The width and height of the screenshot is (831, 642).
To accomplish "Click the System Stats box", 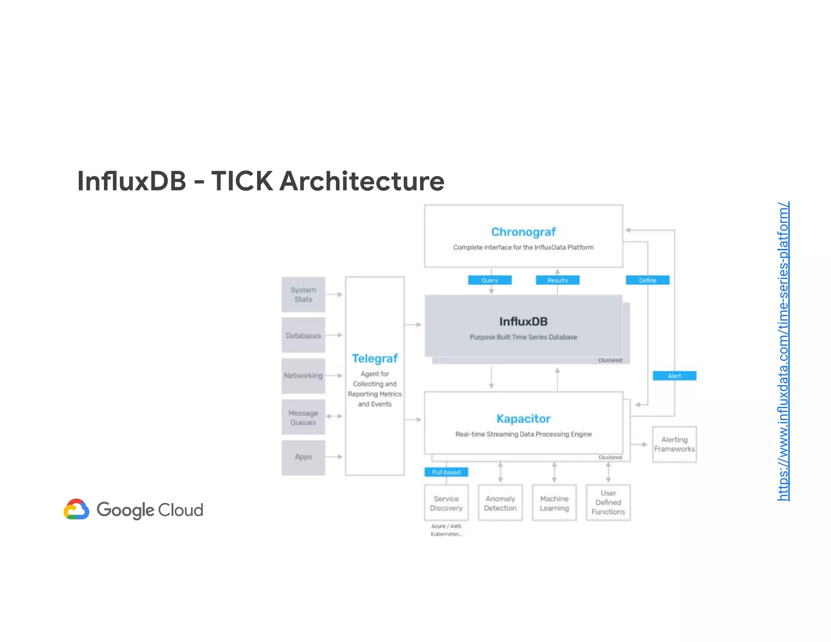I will [303, 295].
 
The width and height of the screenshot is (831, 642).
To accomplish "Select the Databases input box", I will [303, 336].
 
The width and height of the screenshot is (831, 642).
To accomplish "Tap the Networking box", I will [303, 376].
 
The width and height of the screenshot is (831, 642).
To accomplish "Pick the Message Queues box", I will [303, 418].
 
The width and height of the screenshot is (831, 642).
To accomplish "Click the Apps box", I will [303, 457].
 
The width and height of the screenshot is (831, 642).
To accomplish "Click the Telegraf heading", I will [375, 359].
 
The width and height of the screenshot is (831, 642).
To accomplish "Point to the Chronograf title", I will [523, 232].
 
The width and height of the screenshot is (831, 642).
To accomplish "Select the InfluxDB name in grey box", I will [523, 322].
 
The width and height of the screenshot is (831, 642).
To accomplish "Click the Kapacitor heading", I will [523, 419].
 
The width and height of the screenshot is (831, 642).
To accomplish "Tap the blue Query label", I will [490, 280].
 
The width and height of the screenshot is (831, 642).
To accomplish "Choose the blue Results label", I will [558, 280].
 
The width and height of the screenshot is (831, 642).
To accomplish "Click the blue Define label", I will [648, 280].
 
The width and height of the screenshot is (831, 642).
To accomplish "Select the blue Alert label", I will [674, 376].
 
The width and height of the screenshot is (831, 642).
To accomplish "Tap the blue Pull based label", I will [446, 472].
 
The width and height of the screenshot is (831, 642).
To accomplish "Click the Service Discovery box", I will [446, 503].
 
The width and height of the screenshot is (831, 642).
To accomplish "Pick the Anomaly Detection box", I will [500, 503].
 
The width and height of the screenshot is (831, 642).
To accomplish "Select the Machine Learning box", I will [554, 503].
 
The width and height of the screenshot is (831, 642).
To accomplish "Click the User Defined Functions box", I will [608, 503].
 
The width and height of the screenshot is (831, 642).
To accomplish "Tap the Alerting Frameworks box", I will [674, 444].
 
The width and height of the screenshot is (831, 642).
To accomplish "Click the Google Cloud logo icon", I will [76, 510].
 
